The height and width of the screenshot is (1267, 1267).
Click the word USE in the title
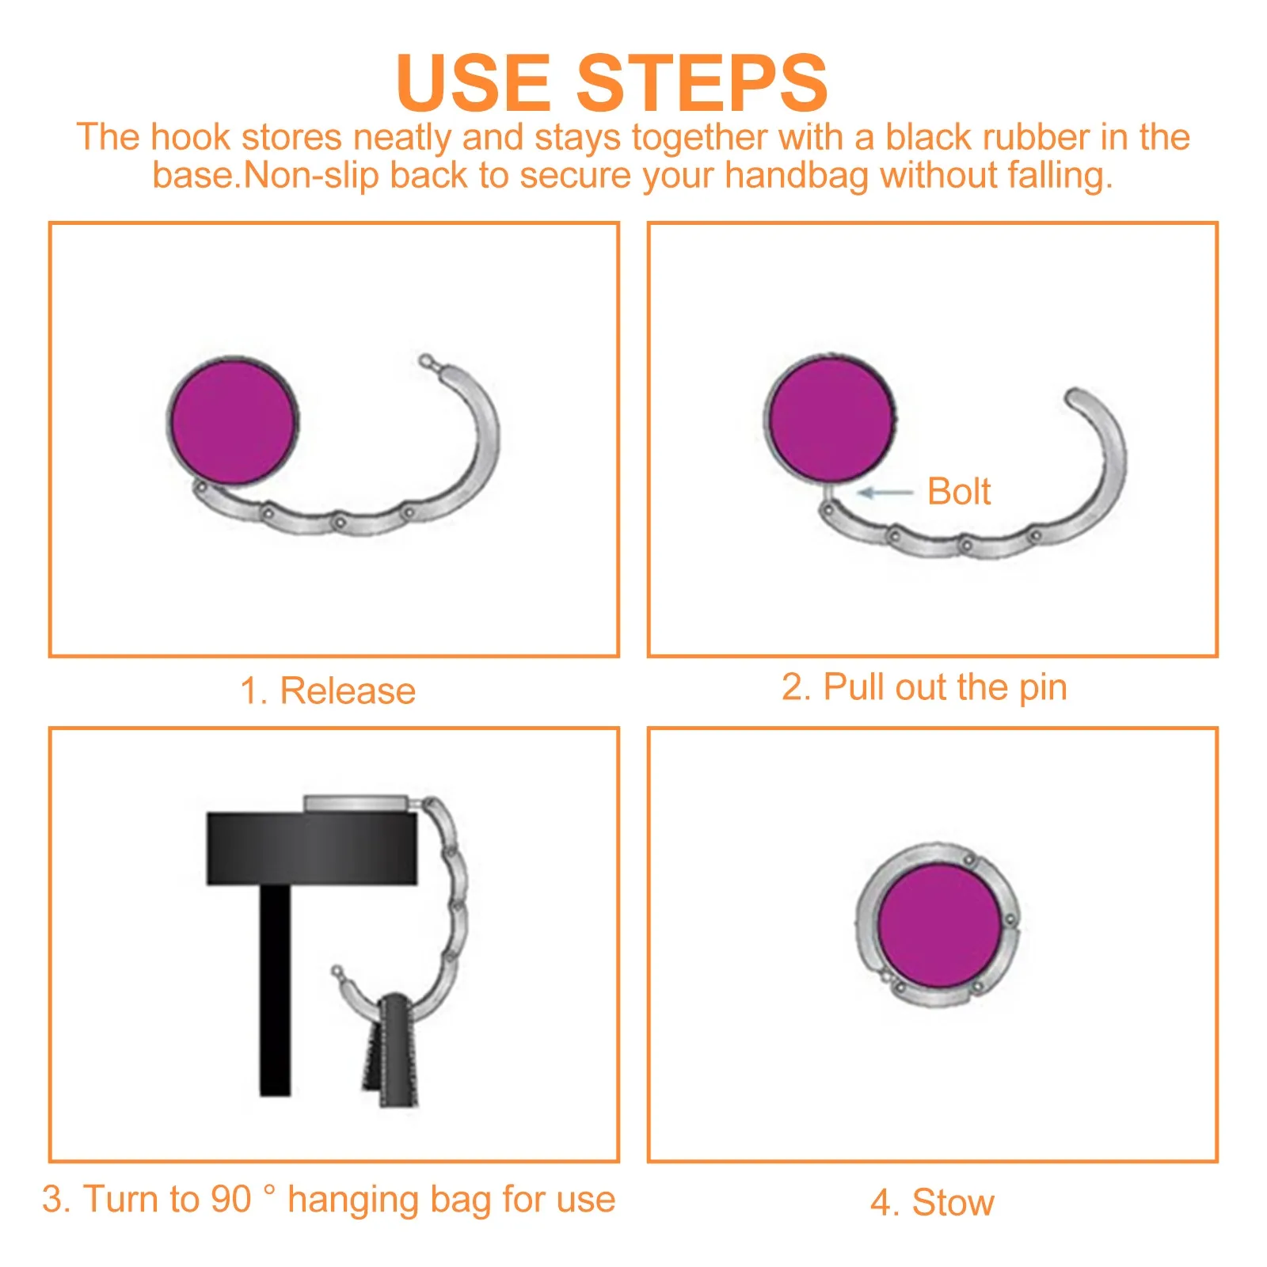(473, 83)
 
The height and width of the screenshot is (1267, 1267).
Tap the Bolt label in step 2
(958, 492)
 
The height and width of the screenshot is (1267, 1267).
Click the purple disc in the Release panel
(233, 420)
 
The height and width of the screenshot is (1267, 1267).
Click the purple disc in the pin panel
(830, 419)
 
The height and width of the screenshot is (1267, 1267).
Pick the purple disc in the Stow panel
(939, 926)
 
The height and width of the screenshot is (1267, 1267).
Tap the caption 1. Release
(328, 691)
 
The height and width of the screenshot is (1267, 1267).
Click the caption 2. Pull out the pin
(924, 687)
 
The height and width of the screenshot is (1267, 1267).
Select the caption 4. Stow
(932, 1202)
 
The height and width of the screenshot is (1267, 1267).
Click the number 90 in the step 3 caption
(230, 1199)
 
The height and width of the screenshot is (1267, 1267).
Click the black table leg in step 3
(275, 990)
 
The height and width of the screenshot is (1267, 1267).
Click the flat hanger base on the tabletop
(356, 804)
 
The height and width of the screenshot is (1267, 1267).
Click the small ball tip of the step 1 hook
(426, 360)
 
